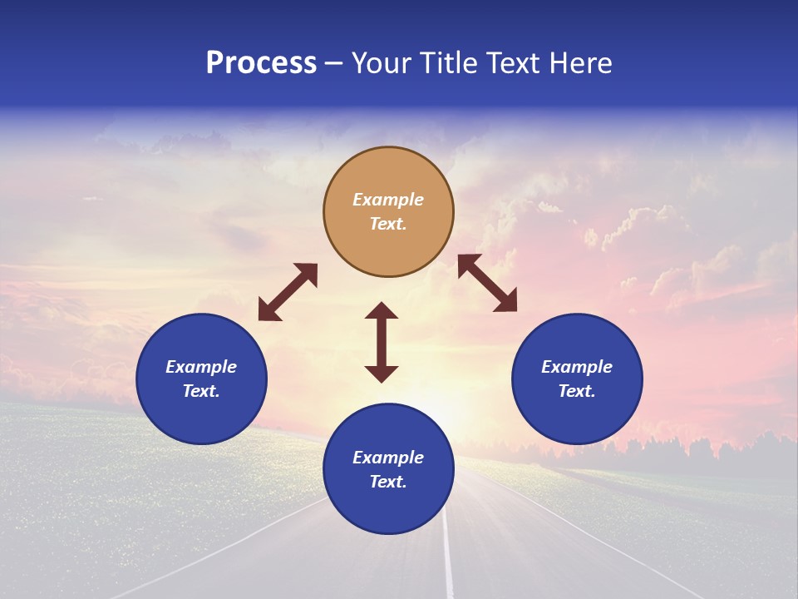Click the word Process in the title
261,63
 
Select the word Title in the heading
451,63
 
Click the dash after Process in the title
333,65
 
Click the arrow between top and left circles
288,292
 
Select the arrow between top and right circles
487,283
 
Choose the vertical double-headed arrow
382,342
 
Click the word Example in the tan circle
388,200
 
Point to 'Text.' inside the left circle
201,391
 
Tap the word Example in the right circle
577,367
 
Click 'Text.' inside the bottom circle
388,482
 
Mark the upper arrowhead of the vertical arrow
382,311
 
